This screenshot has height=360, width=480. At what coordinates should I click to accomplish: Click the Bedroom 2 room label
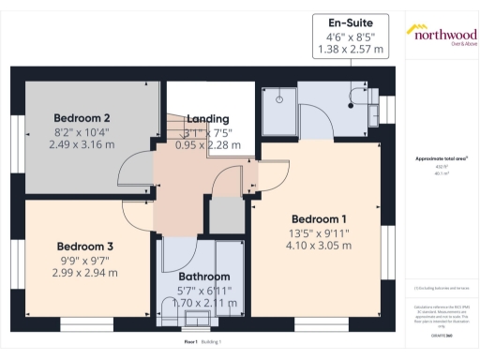pyautogui.click(x=82, y=117)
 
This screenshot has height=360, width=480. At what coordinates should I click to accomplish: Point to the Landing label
pyautogui.click(x=207, y=119)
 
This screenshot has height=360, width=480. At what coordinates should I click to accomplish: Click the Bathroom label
pyautogui.click(x=204, y=277)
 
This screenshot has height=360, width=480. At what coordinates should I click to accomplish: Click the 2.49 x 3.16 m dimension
pyautogui.click(x=82, y=145)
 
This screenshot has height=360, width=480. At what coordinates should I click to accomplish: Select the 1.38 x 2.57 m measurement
pyautogui.click(x=351, y=49)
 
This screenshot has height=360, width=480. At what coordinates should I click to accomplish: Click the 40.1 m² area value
pyautogui.click(x=441, y=173)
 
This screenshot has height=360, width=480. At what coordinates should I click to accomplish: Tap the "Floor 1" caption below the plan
pyautogui.click(x=191, y=342)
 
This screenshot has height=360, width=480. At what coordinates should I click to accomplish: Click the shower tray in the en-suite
pyautogui.click(x=279, y=106)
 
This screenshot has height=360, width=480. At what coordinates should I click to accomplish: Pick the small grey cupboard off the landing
pyautogui.click(x=226, y=215)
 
